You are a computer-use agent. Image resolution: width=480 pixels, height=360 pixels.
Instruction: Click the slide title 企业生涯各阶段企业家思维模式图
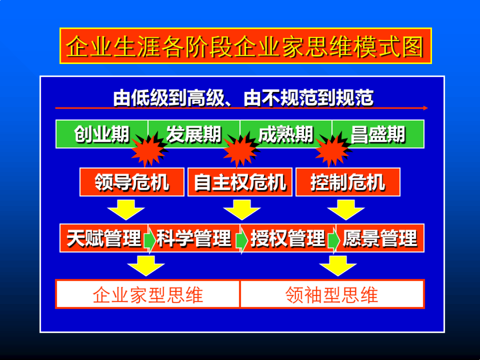tap(245, 46)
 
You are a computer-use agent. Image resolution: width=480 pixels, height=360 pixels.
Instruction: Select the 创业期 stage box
tap(101, 134)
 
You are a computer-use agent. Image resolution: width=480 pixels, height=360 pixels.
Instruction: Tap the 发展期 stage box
tap(194, 134)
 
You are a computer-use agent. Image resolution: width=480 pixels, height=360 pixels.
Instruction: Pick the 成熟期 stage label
tap(286, 134)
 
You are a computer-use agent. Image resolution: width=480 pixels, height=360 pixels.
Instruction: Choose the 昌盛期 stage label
tap(378, 134)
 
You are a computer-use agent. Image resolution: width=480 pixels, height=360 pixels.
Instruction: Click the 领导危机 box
tap(132, 182)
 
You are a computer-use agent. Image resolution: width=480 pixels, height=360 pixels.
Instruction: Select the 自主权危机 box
tap(240, 182)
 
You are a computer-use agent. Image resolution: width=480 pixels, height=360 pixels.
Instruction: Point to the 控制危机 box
tap(348, 182)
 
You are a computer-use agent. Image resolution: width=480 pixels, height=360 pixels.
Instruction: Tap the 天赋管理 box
tap(104, 238)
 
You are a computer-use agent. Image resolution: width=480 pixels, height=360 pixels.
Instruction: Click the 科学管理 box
tap(194, 238)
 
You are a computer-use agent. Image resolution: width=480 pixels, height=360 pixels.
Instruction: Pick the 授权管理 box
tap(287, 238)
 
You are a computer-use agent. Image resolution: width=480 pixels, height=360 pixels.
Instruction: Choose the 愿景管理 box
tap(379, 238)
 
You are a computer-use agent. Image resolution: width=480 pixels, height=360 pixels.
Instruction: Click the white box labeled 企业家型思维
tap(148, 294)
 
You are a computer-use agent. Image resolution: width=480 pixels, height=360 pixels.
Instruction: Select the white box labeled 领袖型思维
tap(332, 294)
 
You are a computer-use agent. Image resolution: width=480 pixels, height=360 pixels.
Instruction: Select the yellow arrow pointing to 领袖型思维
tap(338, 266)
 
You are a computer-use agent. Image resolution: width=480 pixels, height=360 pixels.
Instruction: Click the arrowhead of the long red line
tap(425, 108)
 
